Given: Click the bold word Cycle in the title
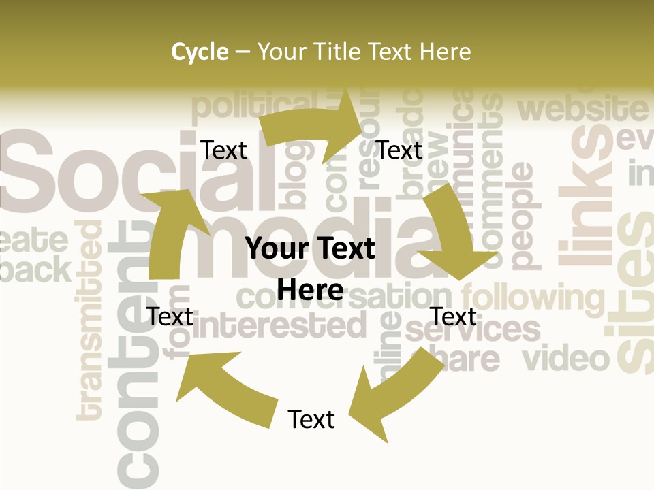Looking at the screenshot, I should [200, 52].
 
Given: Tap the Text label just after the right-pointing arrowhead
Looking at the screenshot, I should [399, 150].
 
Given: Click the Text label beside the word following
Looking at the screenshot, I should [454, 316].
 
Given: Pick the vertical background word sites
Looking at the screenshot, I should [634, 293].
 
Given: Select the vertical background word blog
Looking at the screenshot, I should [294, 174].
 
